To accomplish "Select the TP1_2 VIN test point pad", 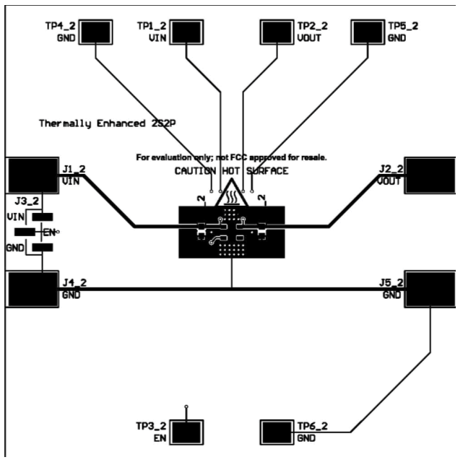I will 184,32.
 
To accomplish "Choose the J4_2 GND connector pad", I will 32,289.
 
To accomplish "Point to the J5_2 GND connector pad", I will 430,289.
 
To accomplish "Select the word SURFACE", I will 268,171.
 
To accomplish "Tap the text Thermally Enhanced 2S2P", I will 108,123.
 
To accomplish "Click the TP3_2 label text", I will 152,427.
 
